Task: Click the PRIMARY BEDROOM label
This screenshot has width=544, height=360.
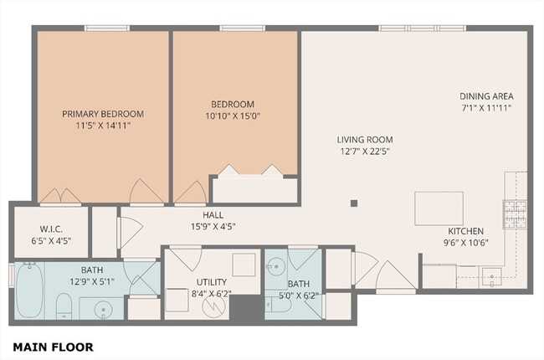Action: [x=103, y=114]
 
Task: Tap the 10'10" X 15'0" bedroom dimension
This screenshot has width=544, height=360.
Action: [x=233, y=116]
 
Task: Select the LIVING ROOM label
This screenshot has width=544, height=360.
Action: [x=365, y=140]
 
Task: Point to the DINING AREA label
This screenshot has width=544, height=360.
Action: [x=486, y=96]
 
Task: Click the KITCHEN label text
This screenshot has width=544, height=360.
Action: [x=465, y=231]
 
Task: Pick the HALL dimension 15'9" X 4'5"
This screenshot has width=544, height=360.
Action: [x=213, y=227]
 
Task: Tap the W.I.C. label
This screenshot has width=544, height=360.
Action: [x=51, y=229]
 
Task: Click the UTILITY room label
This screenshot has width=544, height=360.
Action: [x=212, y=282]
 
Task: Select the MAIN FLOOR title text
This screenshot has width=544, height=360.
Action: [x=53, y=347]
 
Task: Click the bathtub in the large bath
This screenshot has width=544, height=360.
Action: [x=29, y=290]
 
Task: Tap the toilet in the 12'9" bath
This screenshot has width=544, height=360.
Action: [x=64, y=306]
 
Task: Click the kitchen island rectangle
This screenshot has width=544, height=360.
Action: [x=439, y=208]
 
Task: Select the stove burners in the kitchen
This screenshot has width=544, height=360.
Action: [x=515, y=214]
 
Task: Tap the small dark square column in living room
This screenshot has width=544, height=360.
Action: [x=354, y=203]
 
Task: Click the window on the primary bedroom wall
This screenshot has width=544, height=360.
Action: [x=107, y=28]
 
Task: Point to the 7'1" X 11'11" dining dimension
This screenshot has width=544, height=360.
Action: [x=486, y=108]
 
